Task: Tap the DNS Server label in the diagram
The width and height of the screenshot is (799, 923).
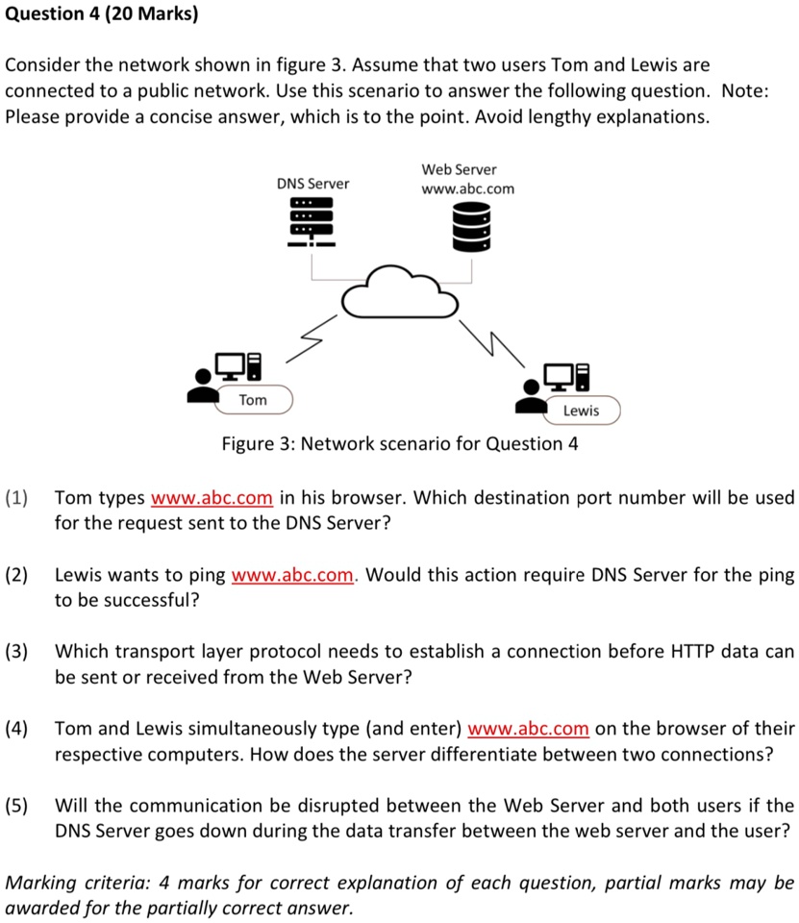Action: pyautogui.click(x=312, y=183)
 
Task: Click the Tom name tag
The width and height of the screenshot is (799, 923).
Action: pyautogui.click(x=253, y=399)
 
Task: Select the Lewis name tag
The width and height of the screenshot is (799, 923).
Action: pyautogui.click(x=581, y=411)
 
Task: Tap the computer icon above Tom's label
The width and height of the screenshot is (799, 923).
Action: pyautogui.click(x=238, y=366)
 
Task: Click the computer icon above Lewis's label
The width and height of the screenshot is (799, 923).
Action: pyautogui.click(x=570, y=378)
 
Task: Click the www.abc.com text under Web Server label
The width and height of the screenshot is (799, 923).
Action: pyautogui.click(x=467, y=188)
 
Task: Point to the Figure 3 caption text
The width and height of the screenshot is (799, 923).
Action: pyautogui.click(x=400, y=443)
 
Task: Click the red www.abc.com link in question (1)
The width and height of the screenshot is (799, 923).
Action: pyautogui.click(x=212, y=498)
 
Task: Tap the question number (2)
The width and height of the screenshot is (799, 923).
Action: pyautogui.click(x=16, y=575)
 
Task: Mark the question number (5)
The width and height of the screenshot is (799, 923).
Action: pyautogui.click(x=16, y=805)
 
